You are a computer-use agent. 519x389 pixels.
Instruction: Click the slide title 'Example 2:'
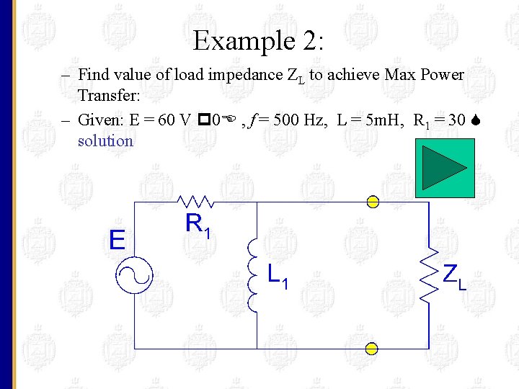coord(258,40)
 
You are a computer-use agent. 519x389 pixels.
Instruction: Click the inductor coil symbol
coord(252,275)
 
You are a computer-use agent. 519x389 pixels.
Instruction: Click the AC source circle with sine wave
coord(136,275)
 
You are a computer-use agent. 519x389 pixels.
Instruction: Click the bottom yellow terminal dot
coord(371,349)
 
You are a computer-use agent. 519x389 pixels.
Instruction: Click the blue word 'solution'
coord(105,140)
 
